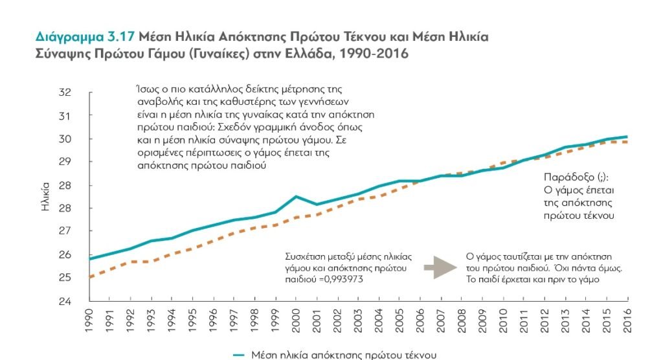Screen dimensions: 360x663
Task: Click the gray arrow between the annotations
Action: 438,266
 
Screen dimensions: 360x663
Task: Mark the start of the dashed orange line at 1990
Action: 90,277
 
